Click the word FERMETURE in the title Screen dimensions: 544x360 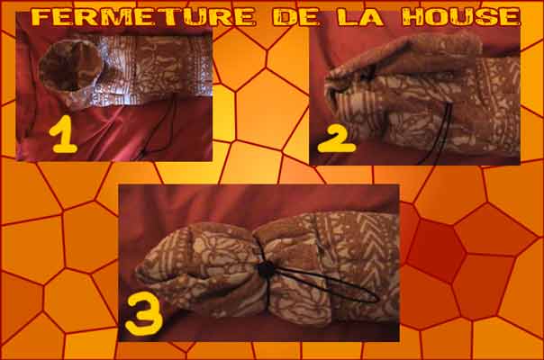[x=144, y=17]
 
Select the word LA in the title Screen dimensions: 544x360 [x=361, y=17]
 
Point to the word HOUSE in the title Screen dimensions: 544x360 [x=461, y=17]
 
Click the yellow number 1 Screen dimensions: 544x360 [x=63, y=135]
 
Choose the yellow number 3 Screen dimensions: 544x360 [x=143, y=313]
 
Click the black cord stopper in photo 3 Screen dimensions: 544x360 [x=267, y=268]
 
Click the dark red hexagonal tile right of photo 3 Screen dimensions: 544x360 [x=436, y=250]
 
